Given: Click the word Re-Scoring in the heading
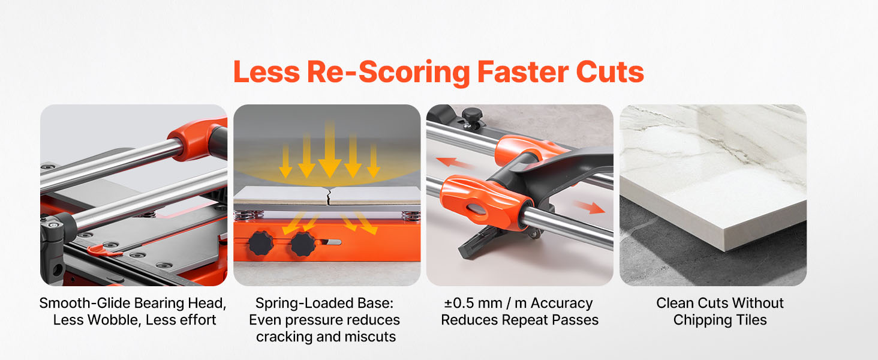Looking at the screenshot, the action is coord(389,73).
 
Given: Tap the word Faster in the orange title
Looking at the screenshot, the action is coord(523,72).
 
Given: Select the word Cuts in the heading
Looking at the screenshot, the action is coord(610,72).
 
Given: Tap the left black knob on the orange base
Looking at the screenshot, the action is coord(260,243).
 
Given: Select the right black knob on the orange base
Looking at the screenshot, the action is coord(302,244).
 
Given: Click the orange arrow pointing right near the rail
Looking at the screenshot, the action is coord(590,206).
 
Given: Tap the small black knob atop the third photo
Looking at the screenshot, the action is coord(473,116).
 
